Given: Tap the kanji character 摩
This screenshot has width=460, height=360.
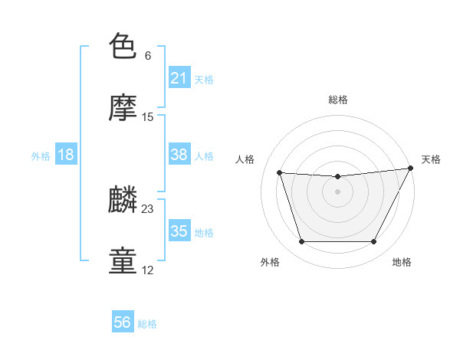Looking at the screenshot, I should click(x=123, y=108).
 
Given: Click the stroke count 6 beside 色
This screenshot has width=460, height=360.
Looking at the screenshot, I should click(x=148, y=56).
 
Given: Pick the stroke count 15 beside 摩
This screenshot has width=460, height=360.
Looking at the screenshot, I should click(x=148, y=117).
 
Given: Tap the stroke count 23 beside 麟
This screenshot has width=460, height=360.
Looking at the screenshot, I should click(x=148, y=209).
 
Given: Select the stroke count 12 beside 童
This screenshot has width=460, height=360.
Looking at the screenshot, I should click(x=148, y=270).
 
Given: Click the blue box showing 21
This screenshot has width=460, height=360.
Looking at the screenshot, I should click(x=179, y=78).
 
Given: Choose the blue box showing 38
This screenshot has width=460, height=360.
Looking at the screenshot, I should click(x=179, y=155).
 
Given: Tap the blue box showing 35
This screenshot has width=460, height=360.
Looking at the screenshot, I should click(x=179, y=231).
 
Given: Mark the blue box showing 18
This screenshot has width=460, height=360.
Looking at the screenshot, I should click(x=66, y=155).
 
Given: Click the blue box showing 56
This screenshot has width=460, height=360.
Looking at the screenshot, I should click(x=123, y=323).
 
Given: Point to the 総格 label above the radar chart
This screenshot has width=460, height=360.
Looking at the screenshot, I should click(x=338, y=100).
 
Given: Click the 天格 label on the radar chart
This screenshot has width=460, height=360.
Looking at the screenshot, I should click(x=431, y=159).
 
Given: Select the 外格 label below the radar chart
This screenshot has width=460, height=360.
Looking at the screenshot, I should click(x=270, y=263).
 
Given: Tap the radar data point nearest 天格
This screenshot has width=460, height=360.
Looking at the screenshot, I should click(x=411, y=169).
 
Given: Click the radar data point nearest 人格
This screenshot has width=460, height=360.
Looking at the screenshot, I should click(x=280, y=173).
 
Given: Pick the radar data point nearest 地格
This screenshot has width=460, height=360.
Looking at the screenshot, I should click(x=374, y=242).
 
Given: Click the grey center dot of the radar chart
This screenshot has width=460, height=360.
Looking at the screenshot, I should click(x=338, y=191).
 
